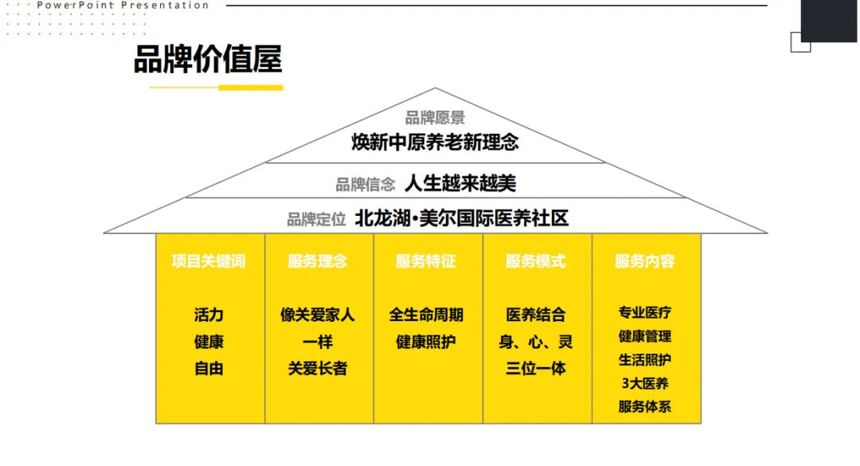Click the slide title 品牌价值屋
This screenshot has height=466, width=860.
point(208,61)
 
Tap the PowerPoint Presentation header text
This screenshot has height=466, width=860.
point(123,6)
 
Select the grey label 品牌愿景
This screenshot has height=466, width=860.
point(435,119)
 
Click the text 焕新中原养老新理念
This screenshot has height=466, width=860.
point(435,143)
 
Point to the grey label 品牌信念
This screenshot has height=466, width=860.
point(365,185)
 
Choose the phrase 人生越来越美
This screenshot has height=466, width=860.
point(460,183)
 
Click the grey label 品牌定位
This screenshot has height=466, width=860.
point(317,219)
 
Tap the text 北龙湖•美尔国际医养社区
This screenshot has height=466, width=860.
point(462,218)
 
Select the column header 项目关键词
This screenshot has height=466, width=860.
point(209,261)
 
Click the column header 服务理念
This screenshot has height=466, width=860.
point(318,261)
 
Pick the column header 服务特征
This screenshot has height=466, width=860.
point(426,261)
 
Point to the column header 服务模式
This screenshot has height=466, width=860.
point(535,261)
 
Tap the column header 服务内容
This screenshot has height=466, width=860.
point(645,261)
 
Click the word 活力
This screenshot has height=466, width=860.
point(209,315)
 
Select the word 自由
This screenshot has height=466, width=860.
point(209,369)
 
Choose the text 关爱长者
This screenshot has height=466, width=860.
point(318,369)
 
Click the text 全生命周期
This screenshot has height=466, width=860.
point(426,315)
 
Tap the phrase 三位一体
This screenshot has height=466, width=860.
point(535,369)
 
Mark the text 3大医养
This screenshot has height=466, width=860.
point(645,383)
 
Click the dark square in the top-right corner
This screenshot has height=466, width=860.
point(829,19)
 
